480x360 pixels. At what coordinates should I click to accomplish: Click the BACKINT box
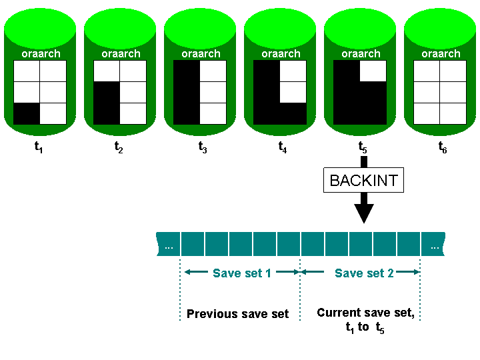tap(363, 180)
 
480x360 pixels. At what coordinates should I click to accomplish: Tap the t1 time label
tap(39, 149)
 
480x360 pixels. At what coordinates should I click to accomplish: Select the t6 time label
tap(442, 149)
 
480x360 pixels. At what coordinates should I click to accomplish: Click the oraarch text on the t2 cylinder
tap(121, 53)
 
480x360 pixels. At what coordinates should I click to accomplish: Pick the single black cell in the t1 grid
tap(27, 114)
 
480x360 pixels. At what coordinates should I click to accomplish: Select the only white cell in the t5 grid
tap(373, 71)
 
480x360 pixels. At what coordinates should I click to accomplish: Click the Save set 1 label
tap(242, 273)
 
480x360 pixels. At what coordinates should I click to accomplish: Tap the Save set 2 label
tap(364, 273)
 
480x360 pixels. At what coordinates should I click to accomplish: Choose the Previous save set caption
tap(238, 314)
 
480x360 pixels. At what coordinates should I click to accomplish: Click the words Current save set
tap(365, 313)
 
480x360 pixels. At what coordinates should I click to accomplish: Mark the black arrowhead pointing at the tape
tap(363, 213)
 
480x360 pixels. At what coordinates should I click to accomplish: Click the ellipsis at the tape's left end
tap(169, 247)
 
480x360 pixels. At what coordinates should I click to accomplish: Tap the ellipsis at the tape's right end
tap(434, 247)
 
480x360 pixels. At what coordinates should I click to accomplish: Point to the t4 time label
tap(283, 149)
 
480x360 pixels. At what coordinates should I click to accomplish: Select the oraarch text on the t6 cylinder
tap(441, 53)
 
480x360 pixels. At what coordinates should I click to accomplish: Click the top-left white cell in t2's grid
tap(107, 71)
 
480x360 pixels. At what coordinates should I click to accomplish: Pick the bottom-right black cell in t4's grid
tap(293, 114)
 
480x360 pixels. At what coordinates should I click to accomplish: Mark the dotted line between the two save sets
tap(300, 293)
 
